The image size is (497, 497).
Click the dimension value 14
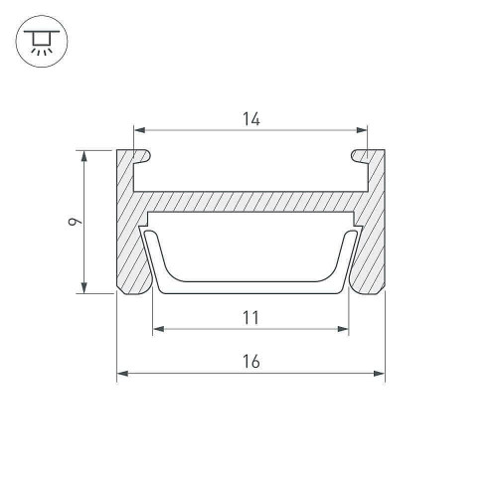point(251,119)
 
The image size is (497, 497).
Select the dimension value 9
point(75,222)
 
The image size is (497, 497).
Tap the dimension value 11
point(250,318)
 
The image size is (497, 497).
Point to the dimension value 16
point(251,361)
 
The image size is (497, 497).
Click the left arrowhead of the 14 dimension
point(139,130)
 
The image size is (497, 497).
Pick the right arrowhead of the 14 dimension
point(362,130)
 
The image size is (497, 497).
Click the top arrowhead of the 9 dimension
point(84,156)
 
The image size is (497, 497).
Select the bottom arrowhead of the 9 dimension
point(84,287)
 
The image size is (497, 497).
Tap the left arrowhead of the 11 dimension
point(159,329)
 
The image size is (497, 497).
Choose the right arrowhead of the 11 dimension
point(343,329)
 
